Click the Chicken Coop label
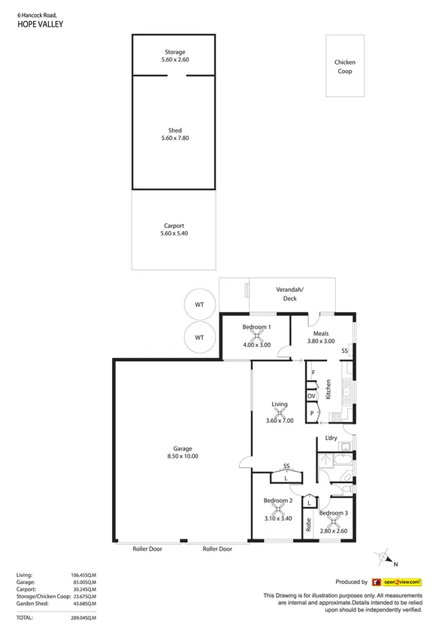[345, 67]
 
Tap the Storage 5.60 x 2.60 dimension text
[175, 60]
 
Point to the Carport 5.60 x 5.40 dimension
[174, 234]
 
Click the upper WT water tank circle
[199, 305]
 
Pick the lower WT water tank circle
[199, 338]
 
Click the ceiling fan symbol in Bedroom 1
[256, 337]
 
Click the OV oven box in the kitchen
[311, 396]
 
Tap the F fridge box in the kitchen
[311, 373]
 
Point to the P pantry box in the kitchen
[311, 413]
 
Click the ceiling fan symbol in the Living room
[279, 412]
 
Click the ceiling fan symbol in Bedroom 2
[277, 509]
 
